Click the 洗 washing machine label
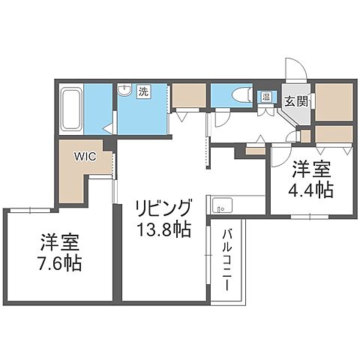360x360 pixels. click(x=142, y=92)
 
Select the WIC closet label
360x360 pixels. click(x=84, y=157)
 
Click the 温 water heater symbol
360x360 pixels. click(x=265, y=96)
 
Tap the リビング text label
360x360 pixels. click(x=163, y=206)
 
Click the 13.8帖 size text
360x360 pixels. click(x=163, y=227)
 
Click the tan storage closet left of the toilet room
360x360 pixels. click(x=188, y=96)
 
